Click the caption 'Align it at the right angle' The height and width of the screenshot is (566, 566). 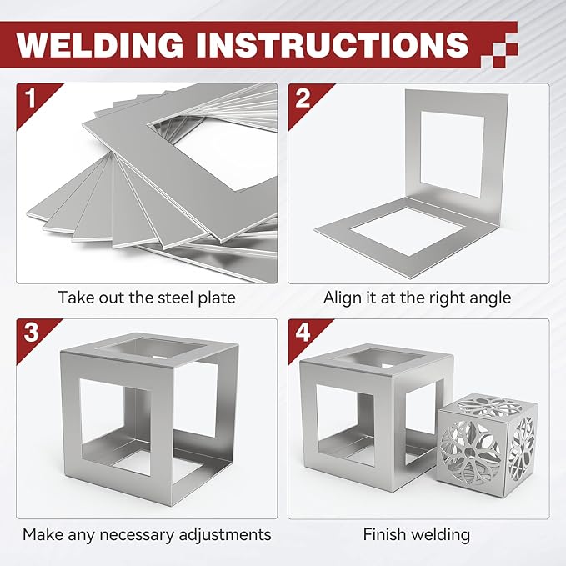pos(417,297)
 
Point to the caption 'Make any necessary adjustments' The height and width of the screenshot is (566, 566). pos(147,533)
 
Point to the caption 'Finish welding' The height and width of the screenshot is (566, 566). pos(417,533)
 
